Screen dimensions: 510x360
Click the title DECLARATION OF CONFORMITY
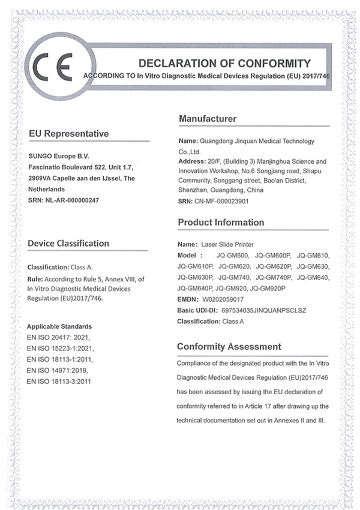pos(224,63)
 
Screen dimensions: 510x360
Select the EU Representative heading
pos(68,133)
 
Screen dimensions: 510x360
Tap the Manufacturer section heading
pos(208,119)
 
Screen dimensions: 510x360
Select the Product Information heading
pos(221,223)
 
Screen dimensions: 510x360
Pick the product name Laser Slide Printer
pos(227,244)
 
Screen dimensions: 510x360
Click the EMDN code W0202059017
pos(223,298)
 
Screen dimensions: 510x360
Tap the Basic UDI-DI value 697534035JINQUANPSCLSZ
pos(264,310)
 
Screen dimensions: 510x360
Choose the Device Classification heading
pos(68,243)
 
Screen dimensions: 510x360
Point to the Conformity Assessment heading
pos(229,346)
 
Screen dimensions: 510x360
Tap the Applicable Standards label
pos(59,326)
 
